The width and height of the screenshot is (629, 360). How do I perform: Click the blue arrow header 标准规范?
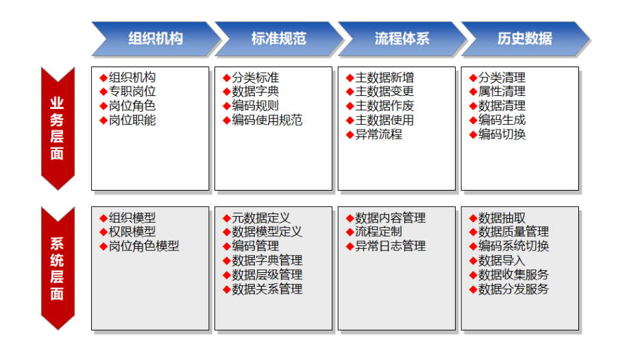coord(279,39)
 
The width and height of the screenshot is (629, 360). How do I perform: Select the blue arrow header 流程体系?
coord(402,39)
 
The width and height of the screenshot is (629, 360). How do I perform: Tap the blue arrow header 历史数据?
coord(525,39)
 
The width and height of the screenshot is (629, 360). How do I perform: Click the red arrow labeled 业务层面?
coord(58,128)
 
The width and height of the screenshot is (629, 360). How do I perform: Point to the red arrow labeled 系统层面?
coord(58,268)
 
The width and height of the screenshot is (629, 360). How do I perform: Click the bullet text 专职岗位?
coord(132,91)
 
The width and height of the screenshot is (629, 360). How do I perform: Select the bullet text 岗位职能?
coord(132,120)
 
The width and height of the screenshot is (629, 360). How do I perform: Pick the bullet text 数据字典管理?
coord(267,261)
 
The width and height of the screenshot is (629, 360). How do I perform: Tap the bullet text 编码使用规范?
coord(267,120)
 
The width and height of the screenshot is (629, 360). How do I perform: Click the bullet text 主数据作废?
coord(384,106)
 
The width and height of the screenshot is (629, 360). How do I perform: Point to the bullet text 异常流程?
coord(379,134)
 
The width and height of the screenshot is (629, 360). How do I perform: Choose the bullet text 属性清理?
coord(502,91)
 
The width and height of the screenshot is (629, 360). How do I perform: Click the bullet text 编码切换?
coord(502,134)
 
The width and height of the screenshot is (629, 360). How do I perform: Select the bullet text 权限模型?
coord(132,232)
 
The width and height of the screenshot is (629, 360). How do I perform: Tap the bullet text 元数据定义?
coord(261,218)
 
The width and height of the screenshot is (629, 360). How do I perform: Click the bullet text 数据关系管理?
coord(267,289)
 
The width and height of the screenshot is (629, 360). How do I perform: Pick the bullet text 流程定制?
coord(379,232)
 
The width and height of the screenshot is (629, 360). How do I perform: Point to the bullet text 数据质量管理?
coord(513,232)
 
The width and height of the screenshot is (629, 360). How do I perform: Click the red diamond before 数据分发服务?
coord(473,289)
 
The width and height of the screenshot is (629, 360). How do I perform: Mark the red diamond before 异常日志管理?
coord(350,246)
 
